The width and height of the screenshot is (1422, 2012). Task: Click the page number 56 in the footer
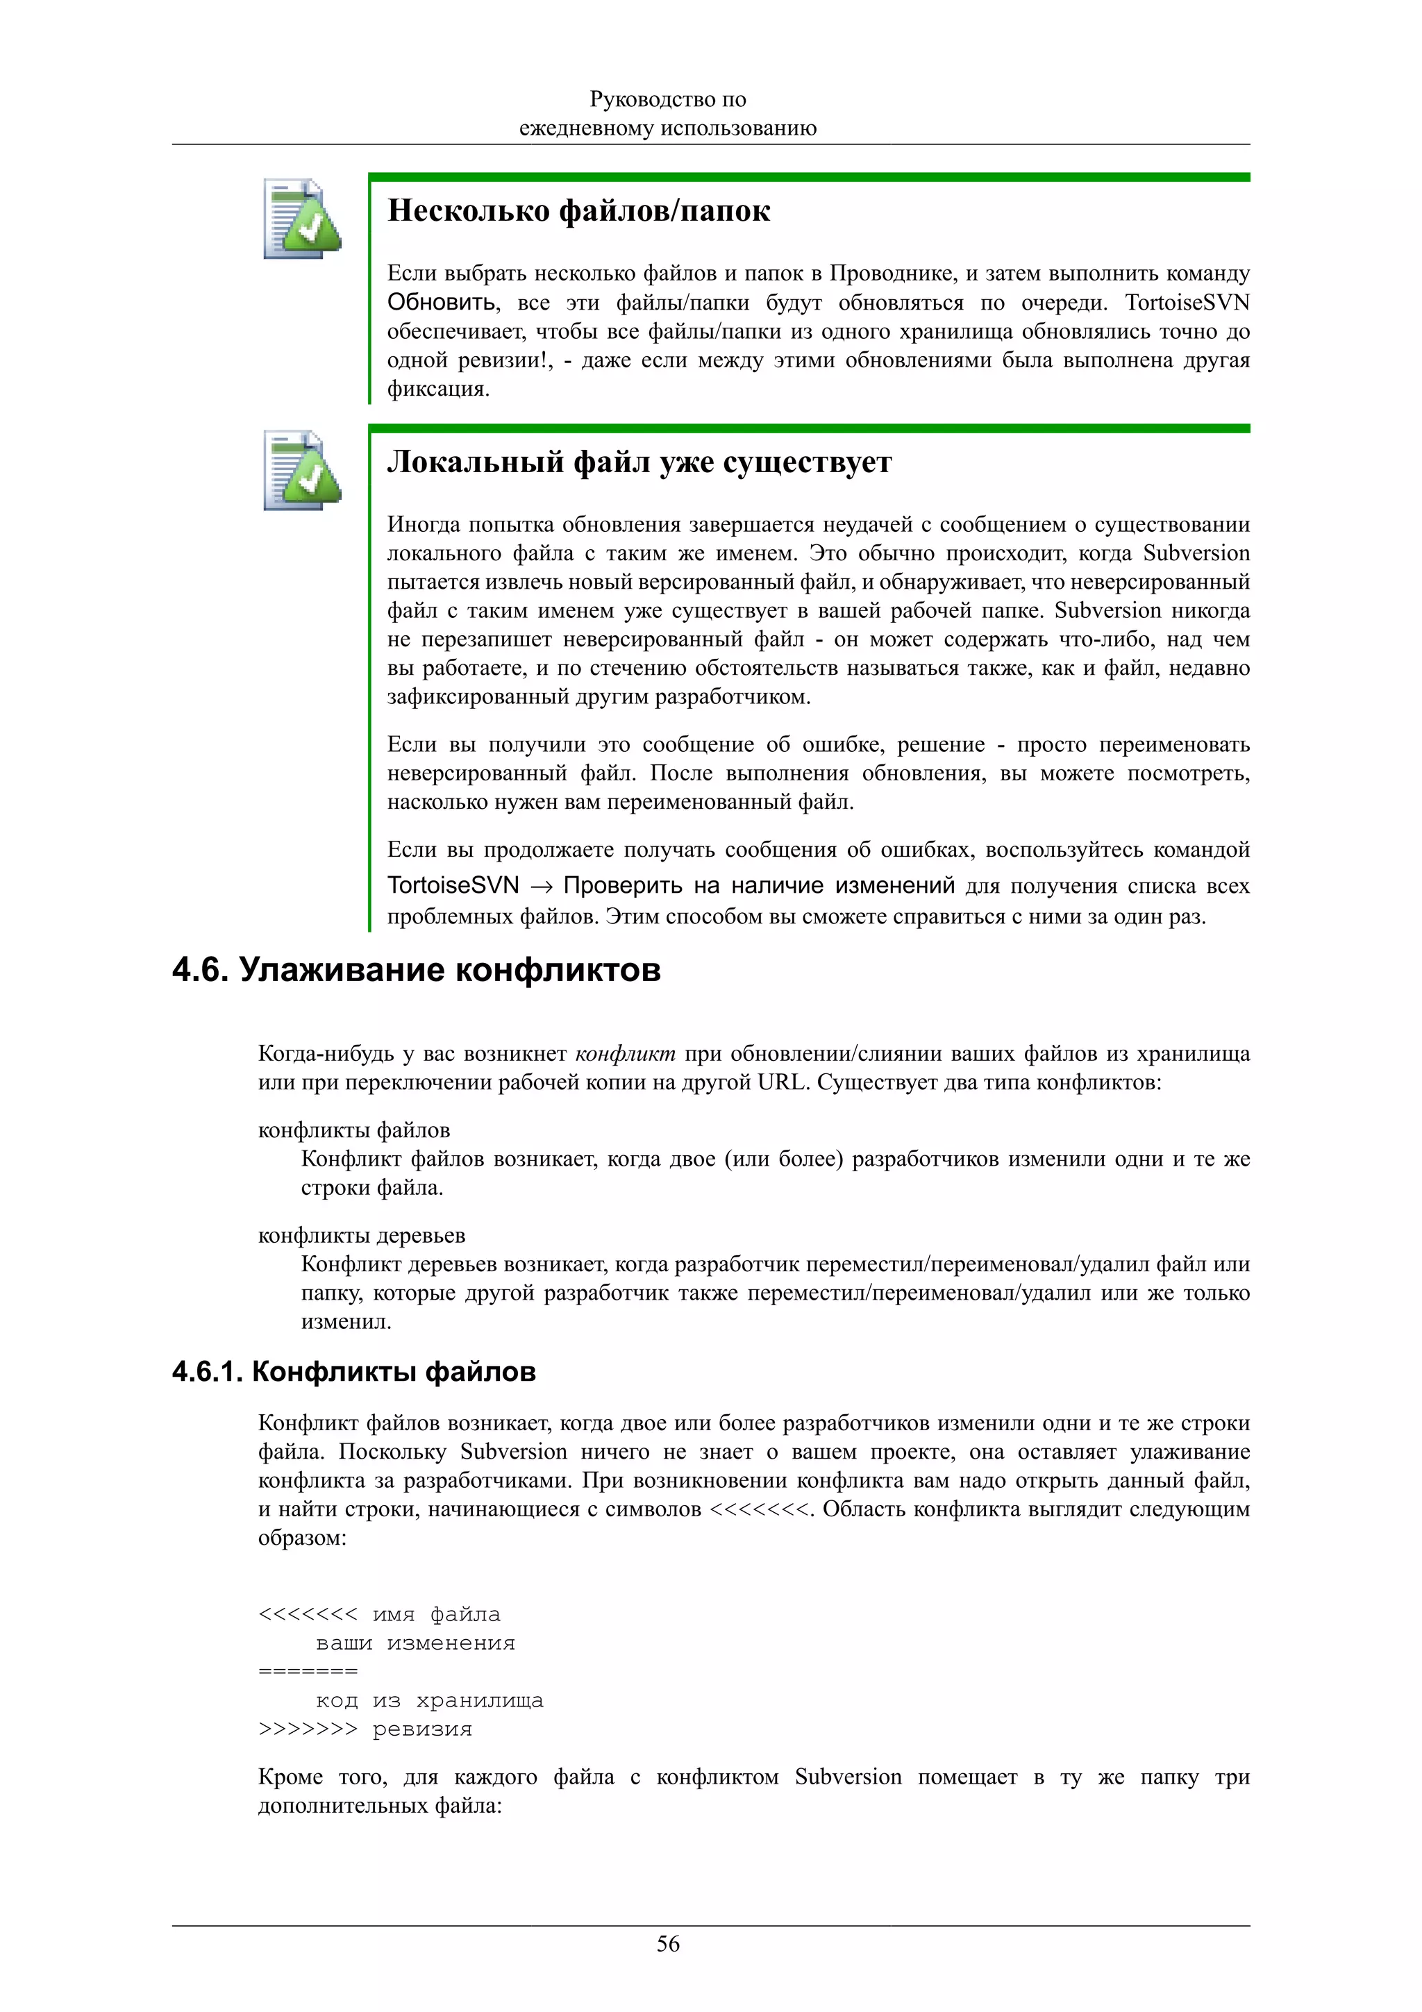(x=668, y=1944)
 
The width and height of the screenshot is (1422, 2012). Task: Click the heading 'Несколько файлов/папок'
(x=578, y=211)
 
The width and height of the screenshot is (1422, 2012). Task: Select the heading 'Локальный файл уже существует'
(x=639, y=462)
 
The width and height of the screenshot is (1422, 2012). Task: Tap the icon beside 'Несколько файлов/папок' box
(x=302, y=219)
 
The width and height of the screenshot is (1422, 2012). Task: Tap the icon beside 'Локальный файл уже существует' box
(x=302, y=471)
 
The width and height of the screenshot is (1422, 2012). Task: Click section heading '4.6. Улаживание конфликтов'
(x=416, y=970)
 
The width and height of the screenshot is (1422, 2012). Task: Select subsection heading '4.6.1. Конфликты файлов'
(x=353, y=1371)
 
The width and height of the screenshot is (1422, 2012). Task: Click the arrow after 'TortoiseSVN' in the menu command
(x=542, y=887)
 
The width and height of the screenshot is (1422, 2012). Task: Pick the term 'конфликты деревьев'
(x=361, y=1236)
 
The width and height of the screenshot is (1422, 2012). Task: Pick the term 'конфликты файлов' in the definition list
(x=354, y=1130)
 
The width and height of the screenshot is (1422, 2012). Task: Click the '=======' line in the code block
(x=308, y=1671)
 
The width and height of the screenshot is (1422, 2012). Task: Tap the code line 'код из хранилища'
(x=429, y=1701)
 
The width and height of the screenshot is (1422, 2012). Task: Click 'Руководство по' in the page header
(x=668, y=100)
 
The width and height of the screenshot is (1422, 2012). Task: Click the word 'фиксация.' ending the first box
(x=438, y=389)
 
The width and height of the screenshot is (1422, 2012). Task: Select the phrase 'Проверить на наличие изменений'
(x=759, y=886)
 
